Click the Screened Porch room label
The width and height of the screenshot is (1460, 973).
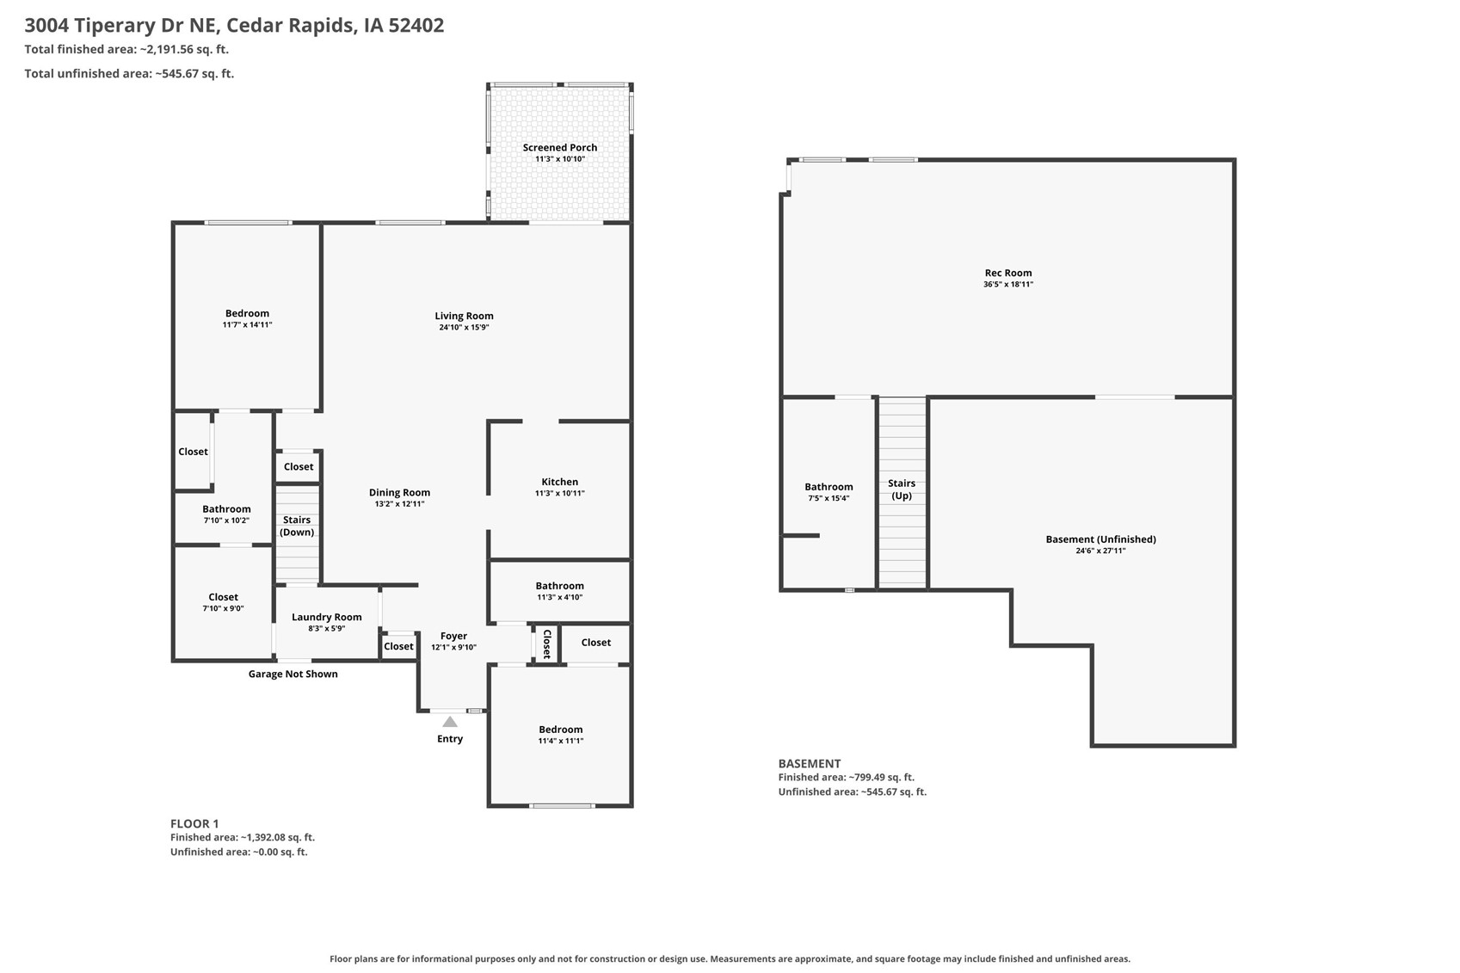click(560, 147)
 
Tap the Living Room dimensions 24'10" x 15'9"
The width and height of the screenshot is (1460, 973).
click(464, 327)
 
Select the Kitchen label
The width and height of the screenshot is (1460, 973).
click(560, 482)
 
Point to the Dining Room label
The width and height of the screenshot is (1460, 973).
click(399, 493)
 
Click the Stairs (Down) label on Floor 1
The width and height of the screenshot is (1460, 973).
click(297, 526)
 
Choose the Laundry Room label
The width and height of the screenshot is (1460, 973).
click(327, 617)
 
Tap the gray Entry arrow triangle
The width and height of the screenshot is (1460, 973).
click(450, 722)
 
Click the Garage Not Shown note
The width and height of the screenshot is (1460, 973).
click(293, 674)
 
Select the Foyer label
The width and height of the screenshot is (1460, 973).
click(453, 636)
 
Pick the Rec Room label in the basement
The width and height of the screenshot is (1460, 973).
click(1008, 273)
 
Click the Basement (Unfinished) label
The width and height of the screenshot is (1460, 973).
click(1101, 539)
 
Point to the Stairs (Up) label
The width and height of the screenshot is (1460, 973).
click(902, 490)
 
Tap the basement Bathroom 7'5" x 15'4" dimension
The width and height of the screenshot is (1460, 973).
click(829, 499)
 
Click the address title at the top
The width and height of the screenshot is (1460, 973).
click(234, 26)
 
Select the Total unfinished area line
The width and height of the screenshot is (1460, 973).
click(129, 74)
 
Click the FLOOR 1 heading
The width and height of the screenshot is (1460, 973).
click(194, 824)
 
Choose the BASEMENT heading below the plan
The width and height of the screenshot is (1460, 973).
click(810, 764)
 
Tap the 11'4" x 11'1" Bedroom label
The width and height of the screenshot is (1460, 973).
click(561, 735)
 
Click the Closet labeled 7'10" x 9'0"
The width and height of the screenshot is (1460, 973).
click(223, 602)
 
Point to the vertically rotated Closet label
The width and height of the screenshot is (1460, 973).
click(547, 644)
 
